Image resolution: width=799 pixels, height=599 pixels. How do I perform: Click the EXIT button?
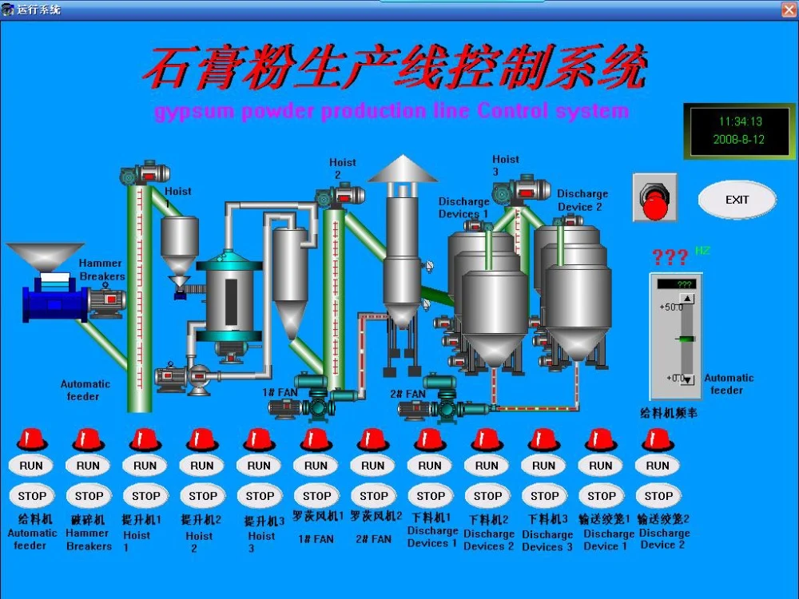[737, 200]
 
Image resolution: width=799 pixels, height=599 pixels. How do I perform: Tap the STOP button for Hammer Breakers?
[89, 495]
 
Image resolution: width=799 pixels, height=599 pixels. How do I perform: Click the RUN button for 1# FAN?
[316, 466]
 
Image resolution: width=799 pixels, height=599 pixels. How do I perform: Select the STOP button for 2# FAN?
[374, 495]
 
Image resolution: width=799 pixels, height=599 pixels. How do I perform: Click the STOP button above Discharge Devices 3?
[545, 495]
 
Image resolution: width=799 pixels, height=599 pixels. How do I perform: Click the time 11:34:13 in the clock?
[740, 122]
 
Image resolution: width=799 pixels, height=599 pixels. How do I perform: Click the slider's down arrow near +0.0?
[687, 379]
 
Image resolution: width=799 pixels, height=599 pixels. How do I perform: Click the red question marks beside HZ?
[670, 257]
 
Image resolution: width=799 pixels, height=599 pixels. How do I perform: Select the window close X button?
[788, 9]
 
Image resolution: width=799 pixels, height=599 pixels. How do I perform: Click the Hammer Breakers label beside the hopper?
[101, 270]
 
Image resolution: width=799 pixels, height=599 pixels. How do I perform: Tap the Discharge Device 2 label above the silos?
[582, 200]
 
